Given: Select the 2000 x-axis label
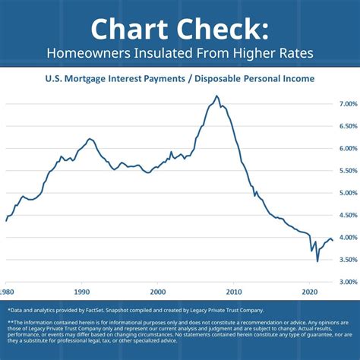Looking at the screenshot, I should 157,292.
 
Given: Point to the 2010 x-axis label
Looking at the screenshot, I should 234,292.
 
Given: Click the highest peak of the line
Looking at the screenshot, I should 217,96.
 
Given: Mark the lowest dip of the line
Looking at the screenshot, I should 317,261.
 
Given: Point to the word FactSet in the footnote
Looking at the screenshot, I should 117,310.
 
